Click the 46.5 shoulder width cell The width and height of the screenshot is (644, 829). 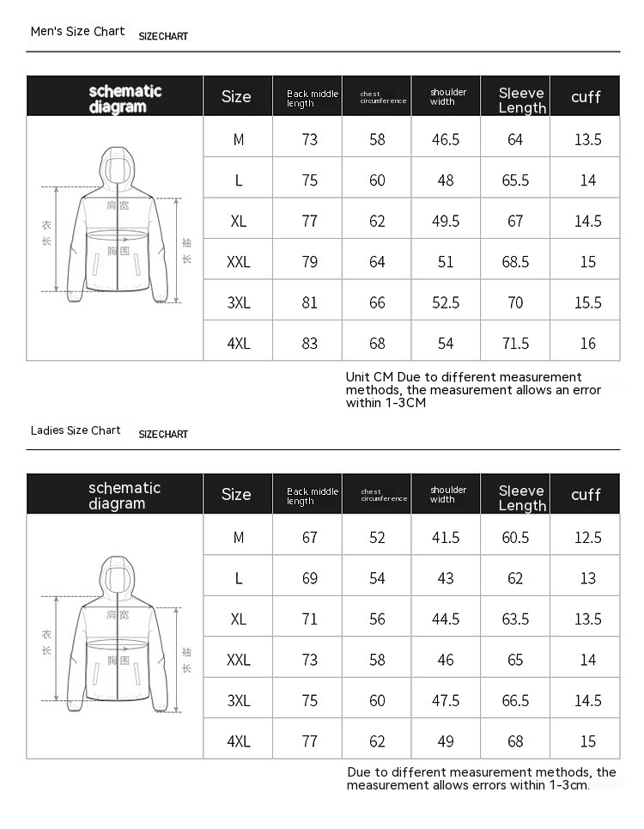coord(446,140)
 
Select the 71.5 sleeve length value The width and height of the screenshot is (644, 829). coord(515,344)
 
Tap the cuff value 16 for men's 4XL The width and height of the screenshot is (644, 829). coord(587,344)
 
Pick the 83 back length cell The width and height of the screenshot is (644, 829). coord(310,344)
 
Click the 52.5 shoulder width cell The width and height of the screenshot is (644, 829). coord(446,303)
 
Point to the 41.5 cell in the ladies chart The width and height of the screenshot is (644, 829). coord(446,538)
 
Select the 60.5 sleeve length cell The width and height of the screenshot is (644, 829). coord(515,538)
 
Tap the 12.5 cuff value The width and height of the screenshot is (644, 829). coord(587,538)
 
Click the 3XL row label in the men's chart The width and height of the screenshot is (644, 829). coord(239,303)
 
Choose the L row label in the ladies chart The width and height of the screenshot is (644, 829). coord(239,579)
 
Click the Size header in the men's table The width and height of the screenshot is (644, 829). coord(236,97)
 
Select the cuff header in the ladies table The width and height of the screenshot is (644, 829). coord(586,495)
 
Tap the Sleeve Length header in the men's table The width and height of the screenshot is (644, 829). coord(522,101)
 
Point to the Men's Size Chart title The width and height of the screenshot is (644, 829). coord(77,32)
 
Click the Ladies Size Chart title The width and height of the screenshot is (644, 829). coord(76,430)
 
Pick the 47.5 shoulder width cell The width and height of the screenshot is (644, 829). coord(446,701)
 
